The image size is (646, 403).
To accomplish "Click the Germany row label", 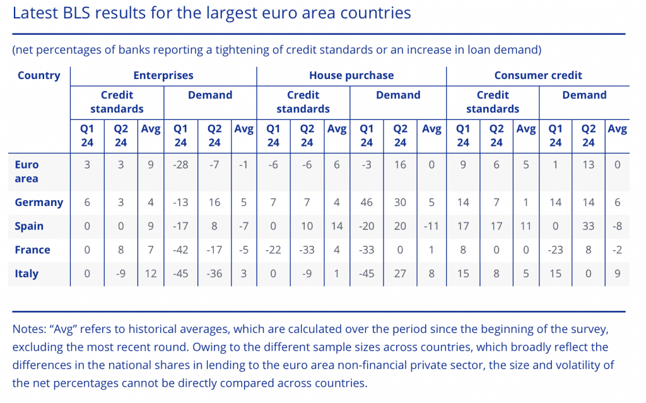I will [39, 203].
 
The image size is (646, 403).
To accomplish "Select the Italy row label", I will [26, 274].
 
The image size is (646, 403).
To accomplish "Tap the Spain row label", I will [29, 226].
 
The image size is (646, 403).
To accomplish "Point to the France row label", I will [32, 250].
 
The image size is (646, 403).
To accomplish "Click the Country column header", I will [39, 76].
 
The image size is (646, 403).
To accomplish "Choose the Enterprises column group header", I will [163, 76].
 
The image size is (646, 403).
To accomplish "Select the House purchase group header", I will [351, 76].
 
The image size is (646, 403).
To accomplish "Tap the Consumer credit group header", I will [537, 76].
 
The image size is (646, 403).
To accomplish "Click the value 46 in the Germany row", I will [366, 203].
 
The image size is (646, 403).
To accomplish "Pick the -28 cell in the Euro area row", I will [180, 165].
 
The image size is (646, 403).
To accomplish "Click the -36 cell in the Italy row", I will [214, 274].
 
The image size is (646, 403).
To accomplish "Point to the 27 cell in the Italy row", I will [400, 274].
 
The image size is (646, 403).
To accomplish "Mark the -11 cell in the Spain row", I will [432, 226].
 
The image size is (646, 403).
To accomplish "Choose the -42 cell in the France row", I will [180, 250].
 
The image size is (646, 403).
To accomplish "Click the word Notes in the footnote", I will [27, 330].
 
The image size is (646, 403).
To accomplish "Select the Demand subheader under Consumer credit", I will [584, 95].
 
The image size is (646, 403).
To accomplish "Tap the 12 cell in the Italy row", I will [151, 274].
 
